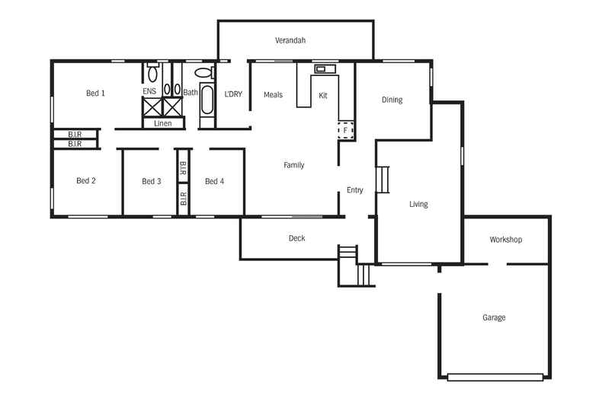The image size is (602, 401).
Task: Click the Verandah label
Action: [x=290, y=40]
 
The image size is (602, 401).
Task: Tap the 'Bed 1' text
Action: [x=95, y=93]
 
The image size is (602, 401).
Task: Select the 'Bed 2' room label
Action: [x=86, y=181]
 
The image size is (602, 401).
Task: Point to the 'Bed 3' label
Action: [x=152, y=181]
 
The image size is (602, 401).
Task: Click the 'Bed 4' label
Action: [x=214, y=181]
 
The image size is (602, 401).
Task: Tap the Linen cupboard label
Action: [x=163, y=123]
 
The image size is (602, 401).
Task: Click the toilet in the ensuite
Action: [x=152, y=73]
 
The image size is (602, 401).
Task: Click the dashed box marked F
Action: [x=346, y=131]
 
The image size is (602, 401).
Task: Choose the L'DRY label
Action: [x=233, y=94]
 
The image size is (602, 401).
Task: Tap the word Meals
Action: [x=273, y=95]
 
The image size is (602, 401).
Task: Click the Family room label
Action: [x=293, y=165]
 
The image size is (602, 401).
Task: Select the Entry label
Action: [x=354, y=190]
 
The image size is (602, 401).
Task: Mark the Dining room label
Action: [x=392, y=100]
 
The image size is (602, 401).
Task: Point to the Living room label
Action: [x=418, y=204]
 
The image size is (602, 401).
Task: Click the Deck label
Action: [x=296, y=238]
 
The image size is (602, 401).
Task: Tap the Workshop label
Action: [x=505, y=240]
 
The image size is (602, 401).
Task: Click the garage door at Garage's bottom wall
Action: [x=495, y=376]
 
